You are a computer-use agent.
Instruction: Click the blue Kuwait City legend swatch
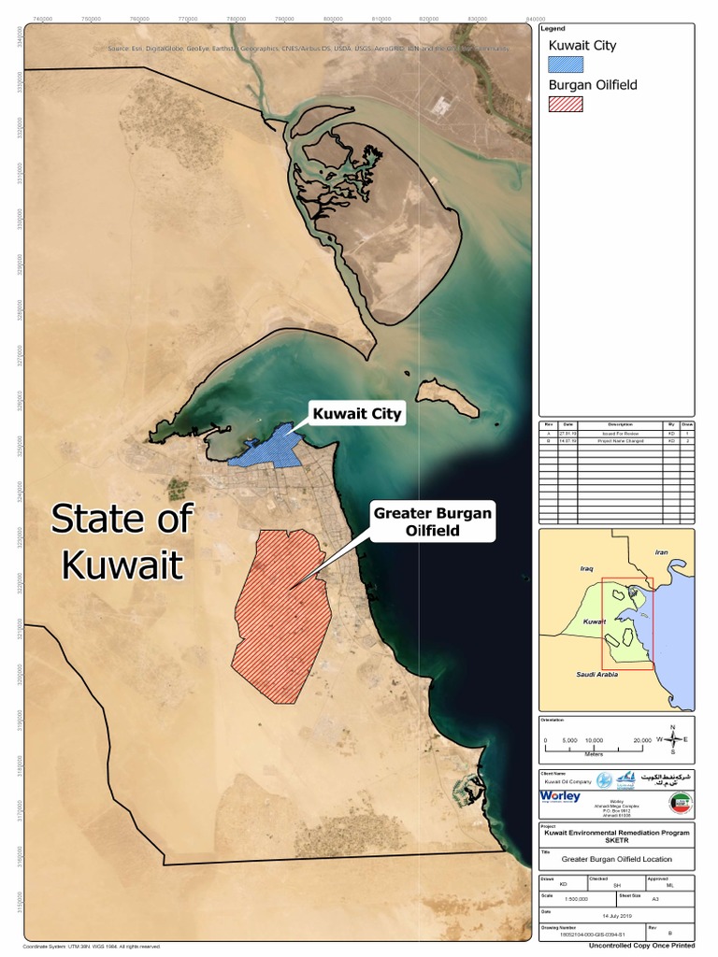(565, 64)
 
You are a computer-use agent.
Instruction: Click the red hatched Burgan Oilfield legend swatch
(565, 104)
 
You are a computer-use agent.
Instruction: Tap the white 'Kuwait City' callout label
(357, 413)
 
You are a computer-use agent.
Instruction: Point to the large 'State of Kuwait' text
(122, 542)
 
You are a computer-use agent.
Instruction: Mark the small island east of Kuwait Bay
(447, 398)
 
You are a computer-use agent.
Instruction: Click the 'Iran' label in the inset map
(664, 552)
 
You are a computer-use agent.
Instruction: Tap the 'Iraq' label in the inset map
(587, 567)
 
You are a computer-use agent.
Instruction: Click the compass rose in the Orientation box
(672, 739)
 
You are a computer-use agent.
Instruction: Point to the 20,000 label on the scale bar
(641, 740)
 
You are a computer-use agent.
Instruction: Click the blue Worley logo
(560, 796)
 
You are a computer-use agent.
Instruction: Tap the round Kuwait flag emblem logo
(682, 803)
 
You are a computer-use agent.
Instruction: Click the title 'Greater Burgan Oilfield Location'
(616, 859)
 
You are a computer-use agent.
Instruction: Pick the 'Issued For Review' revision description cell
(619, 434)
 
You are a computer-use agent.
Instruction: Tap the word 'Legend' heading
(553, 29)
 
